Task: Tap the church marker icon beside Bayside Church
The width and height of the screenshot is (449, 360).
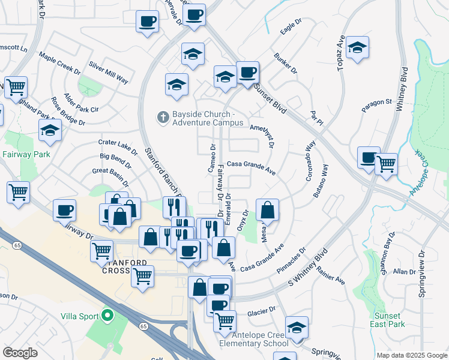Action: point(161,116)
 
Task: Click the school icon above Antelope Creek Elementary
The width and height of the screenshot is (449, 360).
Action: point(297,328)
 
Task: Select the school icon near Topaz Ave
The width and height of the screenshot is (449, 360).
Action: point(357,50)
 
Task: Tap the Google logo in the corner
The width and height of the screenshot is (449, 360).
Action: point(20,353)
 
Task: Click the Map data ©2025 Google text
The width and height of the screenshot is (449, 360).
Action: point(411,355)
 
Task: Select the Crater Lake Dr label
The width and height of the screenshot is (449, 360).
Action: point(118,147)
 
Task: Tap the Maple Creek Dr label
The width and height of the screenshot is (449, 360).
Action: point(60,62)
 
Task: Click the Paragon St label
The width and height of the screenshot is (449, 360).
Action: point(376,106)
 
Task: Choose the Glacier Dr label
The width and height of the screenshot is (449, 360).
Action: point(261,311)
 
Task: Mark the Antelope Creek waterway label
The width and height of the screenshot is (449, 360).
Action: point(423,177)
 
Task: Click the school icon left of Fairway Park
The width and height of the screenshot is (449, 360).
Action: point(50,131)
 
